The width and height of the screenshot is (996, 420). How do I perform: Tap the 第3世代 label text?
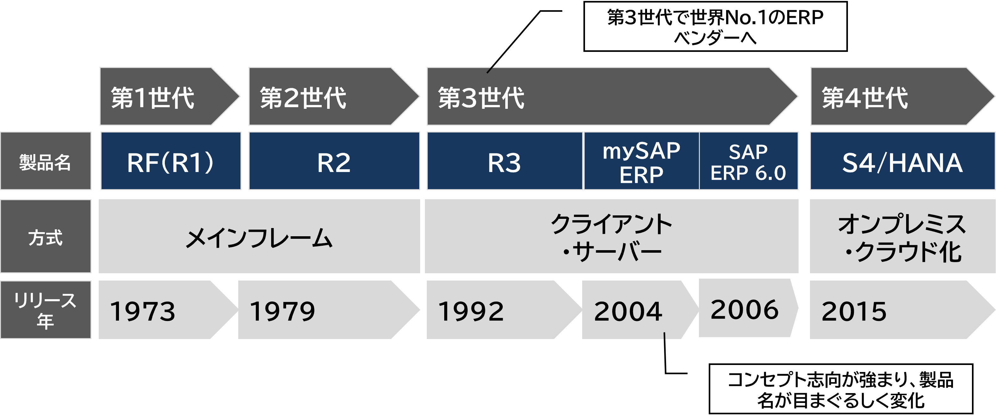(x=481, y=97)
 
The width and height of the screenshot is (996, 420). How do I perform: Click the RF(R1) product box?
(x=171, y=161)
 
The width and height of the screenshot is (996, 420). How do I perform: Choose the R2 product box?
(x=334, y=161)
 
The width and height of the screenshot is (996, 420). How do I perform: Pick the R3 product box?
(x=505, y=161)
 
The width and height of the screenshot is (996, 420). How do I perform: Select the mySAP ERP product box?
(x=641, y=161)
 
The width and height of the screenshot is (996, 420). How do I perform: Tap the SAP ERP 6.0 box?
(x=749, y=161)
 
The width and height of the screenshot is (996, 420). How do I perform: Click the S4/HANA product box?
(x=902, y=161)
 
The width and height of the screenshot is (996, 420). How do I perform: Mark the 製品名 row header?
(x=46, y=161)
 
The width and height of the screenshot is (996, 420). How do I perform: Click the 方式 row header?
(x=46, y=237)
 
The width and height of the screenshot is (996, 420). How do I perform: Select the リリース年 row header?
(x=46, y=310)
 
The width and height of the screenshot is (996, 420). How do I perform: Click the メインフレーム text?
(x=259, y=237)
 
